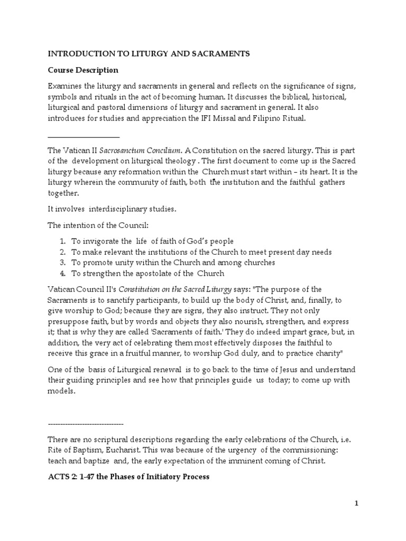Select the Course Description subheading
[x=83, y=70]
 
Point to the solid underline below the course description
[x=84, y=137]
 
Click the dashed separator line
[x=86, y=424]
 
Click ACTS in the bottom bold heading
[x=58, y=477]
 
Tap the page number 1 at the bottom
[x=357, y=503]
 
